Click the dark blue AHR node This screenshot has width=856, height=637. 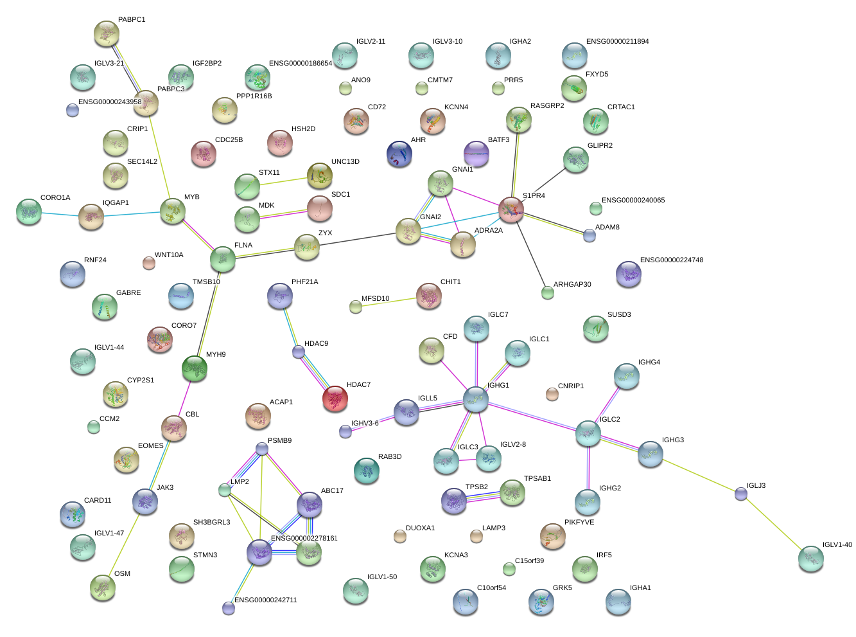[x=399, y=154]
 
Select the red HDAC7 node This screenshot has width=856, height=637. [x=335, y=399]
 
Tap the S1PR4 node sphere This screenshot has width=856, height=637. [x=511, y=210]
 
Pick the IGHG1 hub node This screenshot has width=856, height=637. [x=475, y=399]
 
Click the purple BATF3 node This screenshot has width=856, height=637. [x=476, y=154]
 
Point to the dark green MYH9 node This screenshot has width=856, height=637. [x=195, y=368]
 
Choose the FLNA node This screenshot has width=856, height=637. [x=223, y=259]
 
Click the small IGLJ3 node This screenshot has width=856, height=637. [x=740, y=494]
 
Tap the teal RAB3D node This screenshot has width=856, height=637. [x=367, y=471]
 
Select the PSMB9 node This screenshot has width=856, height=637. [x=261, y=449]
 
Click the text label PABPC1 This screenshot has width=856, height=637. [x=132, y=20]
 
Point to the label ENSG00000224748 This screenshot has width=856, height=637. [x=672, y=260]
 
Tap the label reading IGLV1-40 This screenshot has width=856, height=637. [x=837, y=544]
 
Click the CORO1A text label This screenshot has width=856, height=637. [x=55, y=198]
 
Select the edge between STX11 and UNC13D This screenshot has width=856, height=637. [x=284, y=181]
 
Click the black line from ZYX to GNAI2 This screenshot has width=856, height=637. [x=358, y=238]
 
